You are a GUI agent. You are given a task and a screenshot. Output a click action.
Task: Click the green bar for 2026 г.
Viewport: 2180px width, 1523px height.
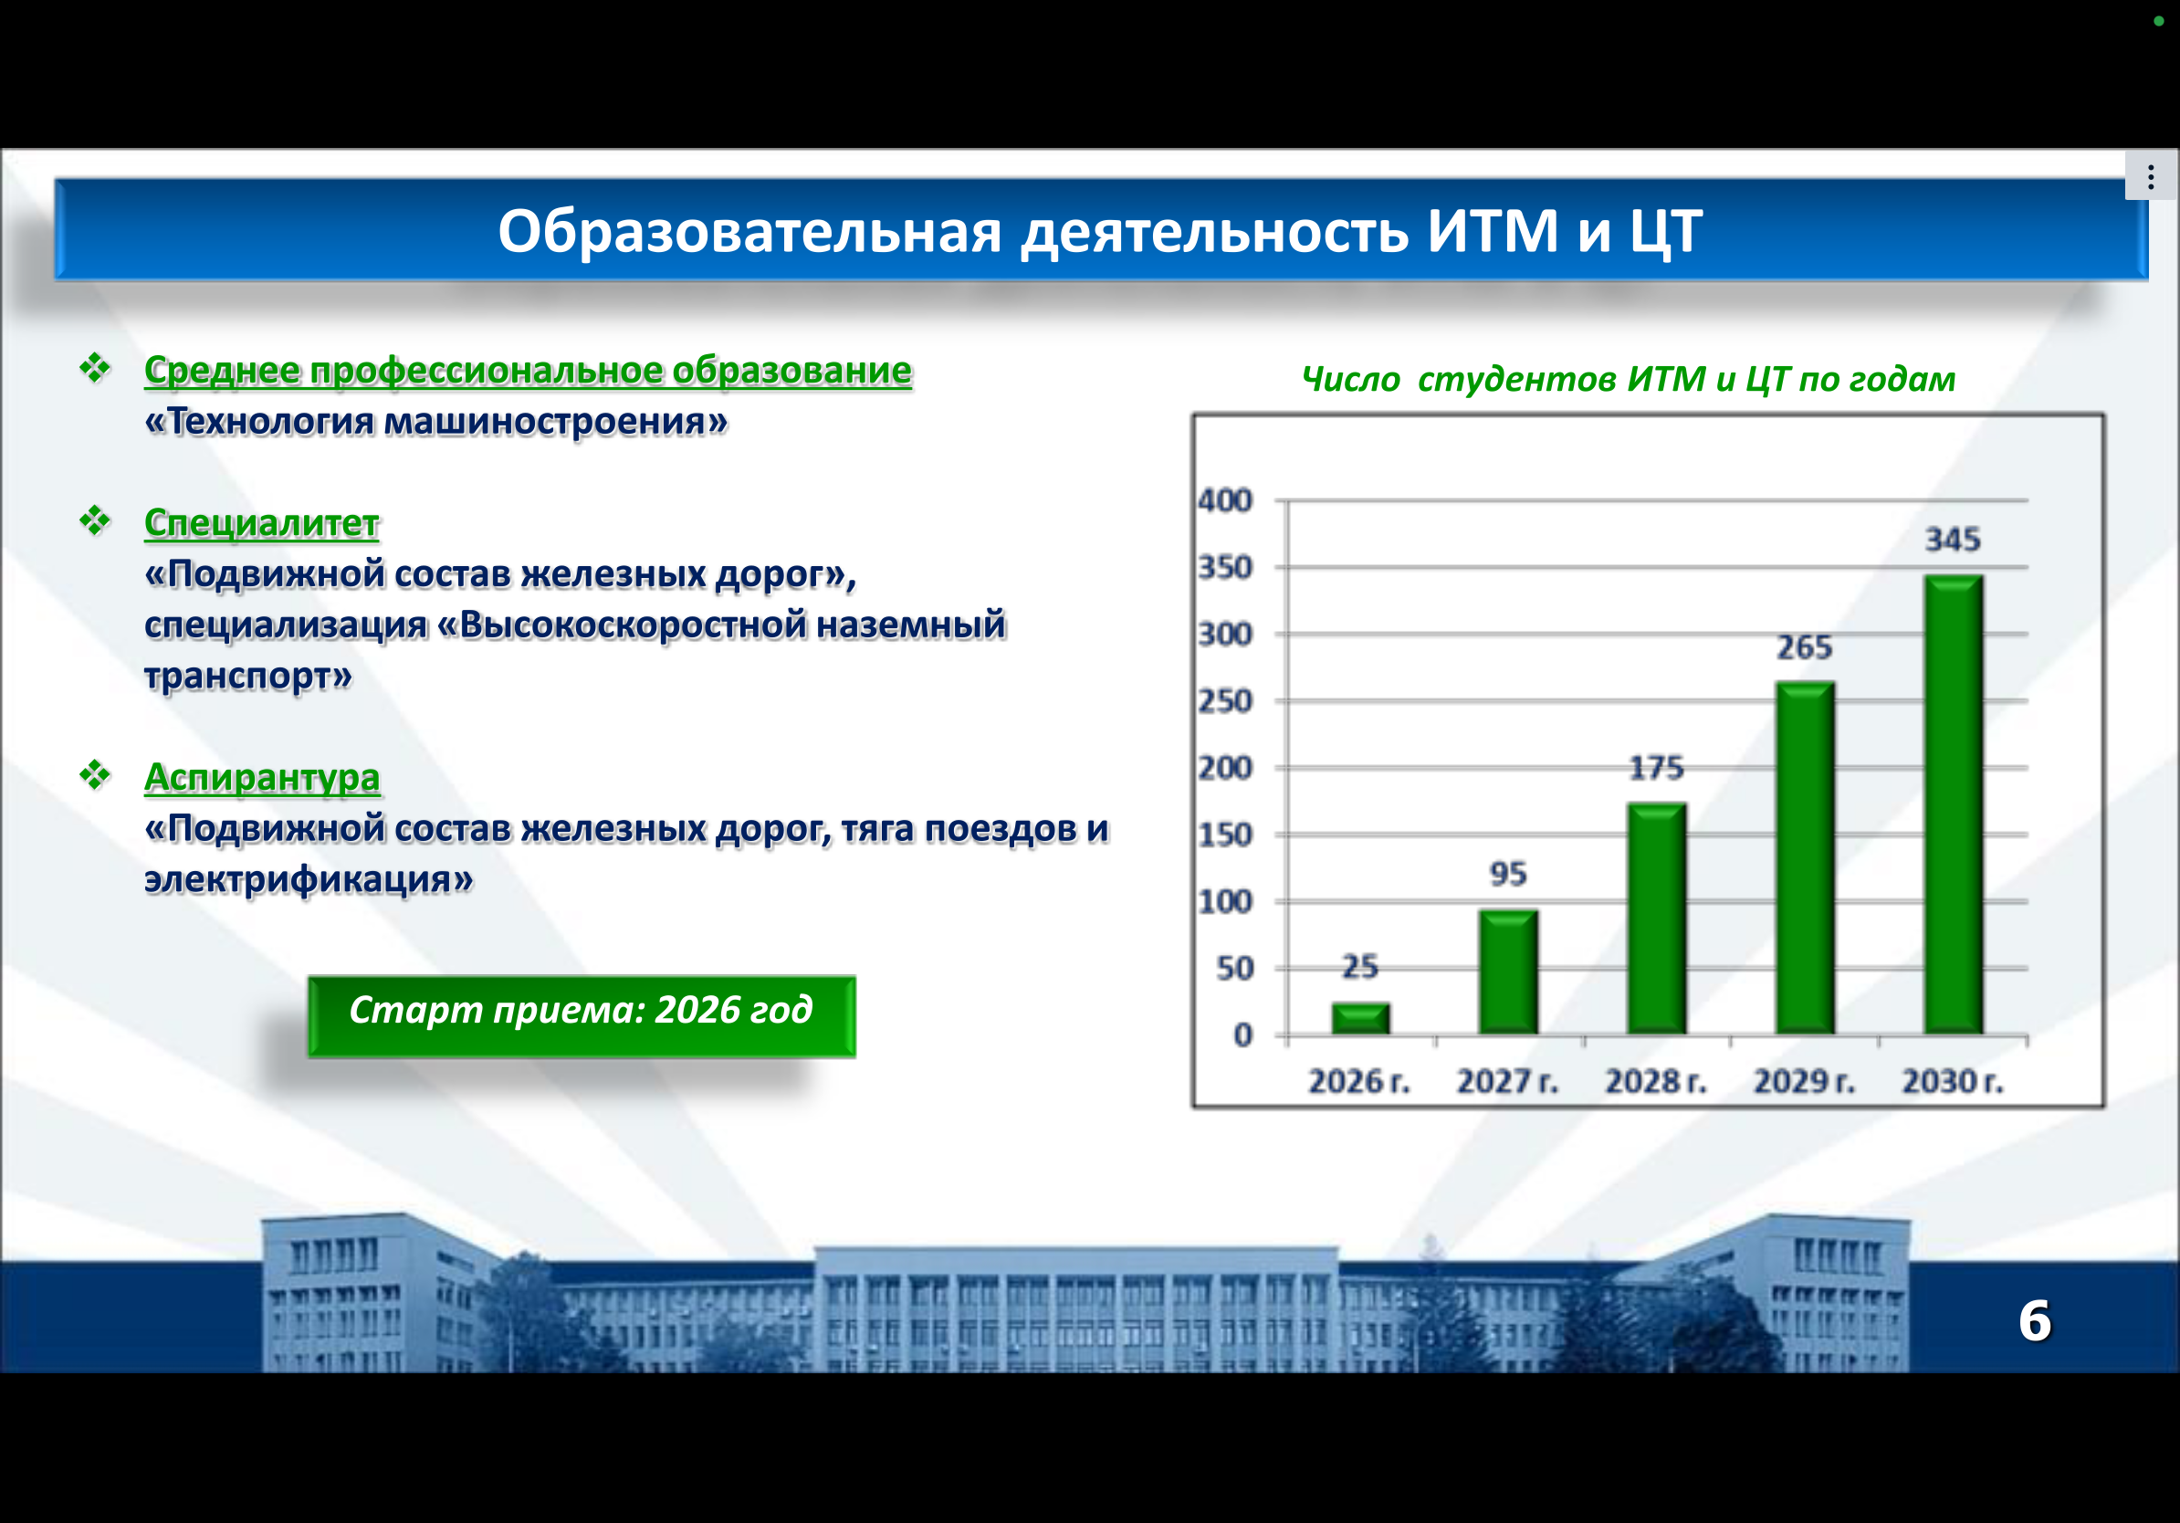point(1360,1018)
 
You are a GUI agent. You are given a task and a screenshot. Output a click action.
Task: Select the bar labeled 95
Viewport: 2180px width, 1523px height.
point(1509,972)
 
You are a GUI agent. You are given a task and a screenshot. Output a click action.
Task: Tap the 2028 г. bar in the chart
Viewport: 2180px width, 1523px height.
point(1657,919)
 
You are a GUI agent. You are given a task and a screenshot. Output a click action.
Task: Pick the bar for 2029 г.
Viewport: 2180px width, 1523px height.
point(1805,857)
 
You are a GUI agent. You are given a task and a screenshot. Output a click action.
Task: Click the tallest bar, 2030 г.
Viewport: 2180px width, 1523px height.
point(1953,804)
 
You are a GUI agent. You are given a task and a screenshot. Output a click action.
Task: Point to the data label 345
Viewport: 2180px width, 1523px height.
point(1953,540)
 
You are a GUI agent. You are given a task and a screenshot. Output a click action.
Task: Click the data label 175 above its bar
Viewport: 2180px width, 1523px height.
point(1657,767)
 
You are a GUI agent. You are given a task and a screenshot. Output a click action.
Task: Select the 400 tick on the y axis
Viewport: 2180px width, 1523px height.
point(1225,500)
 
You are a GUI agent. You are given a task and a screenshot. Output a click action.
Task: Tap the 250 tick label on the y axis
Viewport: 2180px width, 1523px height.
point(1225,700)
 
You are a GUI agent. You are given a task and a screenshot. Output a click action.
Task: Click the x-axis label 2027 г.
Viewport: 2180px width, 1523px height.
point(1508,1080)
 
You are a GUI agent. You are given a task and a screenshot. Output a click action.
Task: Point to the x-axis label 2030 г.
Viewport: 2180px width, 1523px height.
point(1952,1080)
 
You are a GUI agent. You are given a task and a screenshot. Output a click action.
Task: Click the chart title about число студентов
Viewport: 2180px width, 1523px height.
point(1629,379)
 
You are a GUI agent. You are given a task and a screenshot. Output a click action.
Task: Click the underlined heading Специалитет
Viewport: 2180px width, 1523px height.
point(261,522)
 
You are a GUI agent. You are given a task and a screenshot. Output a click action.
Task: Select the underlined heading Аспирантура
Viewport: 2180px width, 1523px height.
point(262,778)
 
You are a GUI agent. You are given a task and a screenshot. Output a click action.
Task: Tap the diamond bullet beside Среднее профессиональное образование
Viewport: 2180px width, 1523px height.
point(95,367)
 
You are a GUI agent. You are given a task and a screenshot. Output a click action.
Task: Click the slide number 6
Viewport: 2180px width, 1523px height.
point(2034,1321)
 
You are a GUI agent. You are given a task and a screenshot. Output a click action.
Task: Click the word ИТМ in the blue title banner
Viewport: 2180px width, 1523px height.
point(1493,231)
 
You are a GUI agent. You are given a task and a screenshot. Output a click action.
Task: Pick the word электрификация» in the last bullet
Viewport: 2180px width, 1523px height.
point(309,879)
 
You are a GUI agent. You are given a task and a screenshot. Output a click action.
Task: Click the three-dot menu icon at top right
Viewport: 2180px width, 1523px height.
point(2151,176)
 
